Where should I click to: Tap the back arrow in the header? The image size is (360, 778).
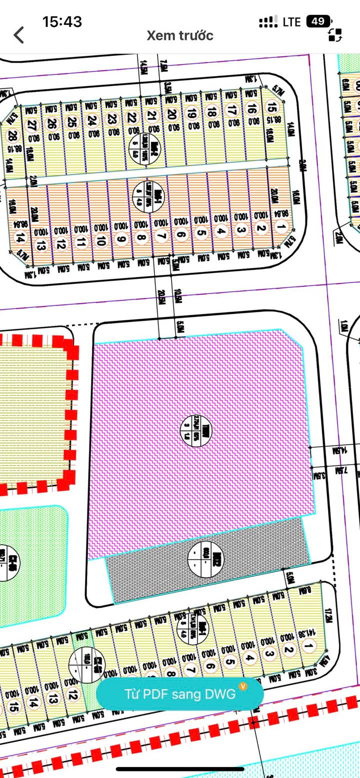19,35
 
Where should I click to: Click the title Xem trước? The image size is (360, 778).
180,35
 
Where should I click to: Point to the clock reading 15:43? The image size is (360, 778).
62,21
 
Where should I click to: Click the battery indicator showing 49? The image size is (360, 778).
318,21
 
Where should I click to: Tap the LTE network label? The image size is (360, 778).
291,22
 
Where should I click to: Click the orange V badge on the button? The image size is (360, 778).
243,686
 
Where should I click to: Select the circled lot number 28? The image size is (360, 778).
12,135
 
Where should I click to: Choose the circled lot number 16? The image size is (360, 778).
251,108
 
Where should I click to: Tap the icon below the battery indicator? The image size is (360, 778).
335,35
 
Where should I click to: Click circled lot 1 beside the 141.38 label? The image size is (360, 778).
309,647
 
